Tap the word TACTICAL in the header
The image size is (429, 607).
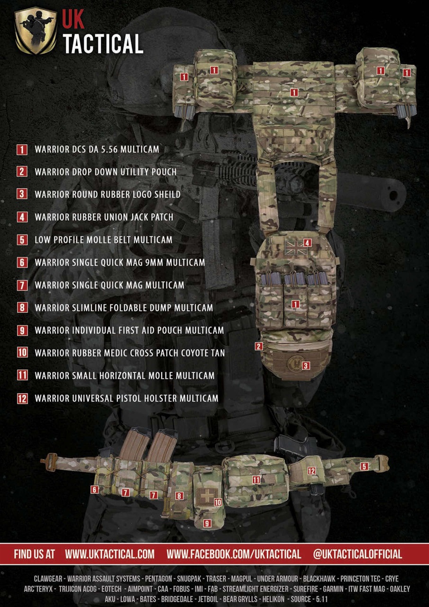[x=103, y=44]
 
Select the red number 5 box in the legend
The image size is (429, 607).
[x=22, y=239]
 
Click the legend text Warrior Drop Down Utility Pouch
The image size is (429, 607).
[x=105, y=172]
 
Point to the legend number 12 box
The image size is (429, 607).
[x=22, y=398]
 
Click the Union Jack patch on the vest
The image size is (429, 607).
[x=293, y=246]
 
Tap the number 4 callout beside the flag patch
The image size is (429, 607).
[x=308, y=243]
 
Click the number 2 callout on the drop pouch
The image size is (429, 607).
[x=259, y=346]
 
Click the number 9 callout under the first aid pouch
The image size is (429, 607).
[x=207, y=524]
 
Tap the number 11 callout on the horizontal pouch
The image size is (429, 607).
[x=256, y=480]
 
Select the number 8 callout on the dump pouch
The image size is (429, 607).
[x=179, y=496]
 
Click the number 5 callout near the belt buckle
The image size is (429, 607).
[x=364, y=466]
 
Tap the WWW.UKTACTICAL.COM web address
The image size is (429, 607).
[x=110, y=554]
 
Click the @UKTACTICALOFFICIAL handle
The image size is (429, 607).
[x=357, y=554]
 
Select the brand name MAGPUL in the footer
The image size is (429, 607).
[x=242, y=579]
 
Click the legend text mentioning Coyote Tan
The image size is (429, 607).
[x=129, y=353]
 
